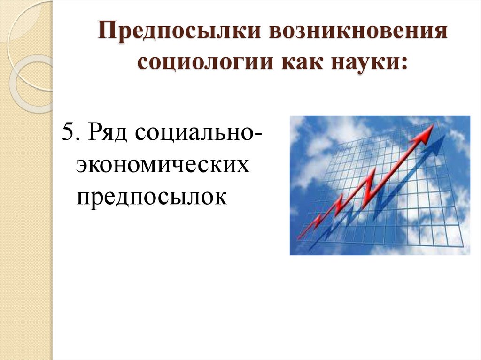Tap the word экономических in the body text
163,165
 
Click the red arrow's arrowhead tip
433,126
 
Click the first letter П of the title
106,35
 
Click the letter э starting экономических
82,166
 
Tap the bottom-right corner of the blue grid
463,247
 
